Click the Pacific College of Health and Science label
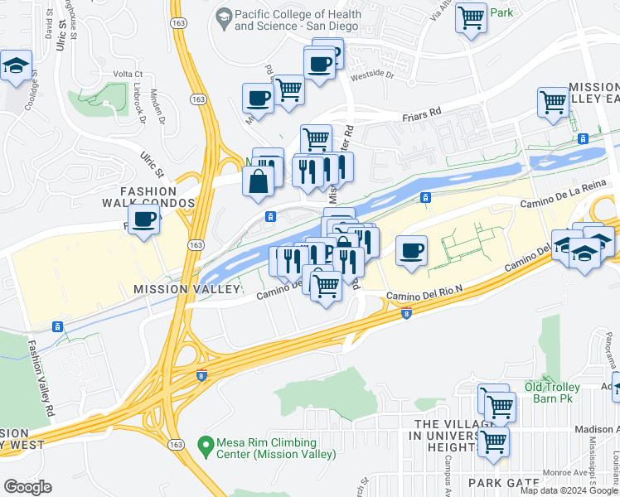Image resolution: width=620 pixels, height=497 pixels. [298, 20]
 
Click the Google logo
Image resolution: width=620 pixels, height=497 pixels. [27, 487]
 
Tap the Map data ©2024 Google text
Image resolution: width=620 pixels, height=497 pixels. [569, 490]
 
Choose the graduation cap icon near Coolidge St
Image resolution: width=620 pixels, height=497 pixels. [16, 66]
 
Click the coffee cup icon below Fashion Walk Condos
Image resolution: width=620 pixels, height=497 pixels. [144, 220]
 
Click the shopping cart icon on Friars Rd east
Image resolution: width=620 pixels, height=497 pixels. [553, 103]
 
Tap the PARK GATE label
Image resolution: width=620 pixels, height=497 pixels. [497, 482]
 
